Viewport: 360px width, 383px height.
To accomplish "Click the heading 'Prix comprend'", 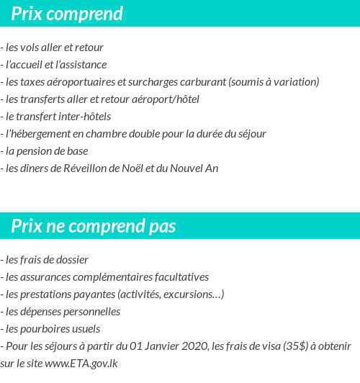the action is (67, 14).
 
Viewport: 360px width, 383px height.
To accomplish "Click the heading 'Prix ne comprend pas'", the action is (94, 227).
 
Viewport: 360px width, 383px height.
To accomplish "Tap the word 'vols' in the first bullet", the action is (32, 48).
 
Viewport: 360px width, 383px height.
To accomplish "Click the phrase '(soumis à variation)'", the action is (274, 82).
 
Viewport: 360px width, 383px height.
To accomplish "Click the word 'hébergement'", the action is (40, 134).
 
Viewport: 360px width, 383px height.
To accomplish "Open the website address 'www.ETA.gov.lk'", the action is (81, 364).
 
